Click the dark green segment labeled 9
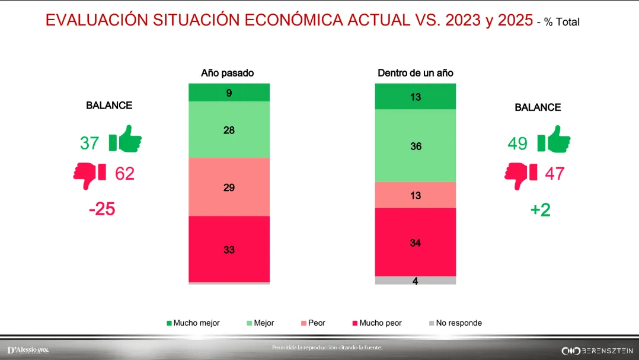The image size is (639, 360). click(x=229, y=93)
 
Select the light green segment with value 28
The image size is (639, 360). click(x=229, y=130)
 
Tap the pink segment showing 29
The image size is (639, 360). click(x=229, y=187)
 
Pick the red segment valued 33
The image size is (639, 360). click(x=229, y=249)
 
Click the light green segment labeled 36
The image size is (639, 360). click(x=416, y=145)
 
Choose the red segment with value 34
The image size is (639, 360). click(x=416, y=242)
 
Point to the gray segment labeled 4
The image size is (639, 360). click(x=416, y=281)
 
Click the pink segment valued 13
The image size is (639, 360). click(x=416, y=195)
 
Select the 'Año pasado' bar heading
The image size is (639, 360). click(x=228, y=74)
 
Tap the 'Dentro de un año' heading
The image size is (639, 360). click(x=416, y=74)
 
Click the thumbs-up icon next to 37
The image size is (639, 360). click(x=125, y=141)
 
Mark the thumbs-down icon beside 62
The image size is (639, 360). click(x=90, y=174)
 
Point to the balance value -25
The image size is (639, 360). click(x=101, y=209)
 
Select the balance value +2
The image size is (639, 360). click(x=540, y=210)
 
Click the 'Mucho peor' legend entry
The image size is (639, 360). click(x=377, y=323)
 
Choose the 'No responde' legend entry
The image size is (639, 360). click(x=455, y=323)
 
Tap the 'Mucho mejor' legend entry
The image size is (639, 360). click(x=193, y=323)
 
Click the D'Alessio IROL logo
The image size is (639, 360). click(x=28, y=351)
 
